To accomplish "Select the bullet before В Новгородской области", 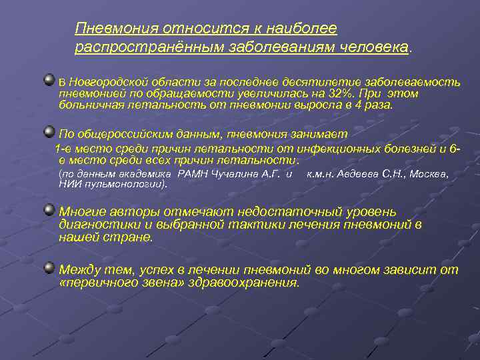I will [x=49, y=80].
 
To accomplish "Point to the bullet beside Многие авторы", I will [x=49, y=210].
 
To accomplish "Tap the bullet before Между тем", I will [x=49, y=268].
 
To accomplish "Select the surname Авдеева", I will [x=357, y=174].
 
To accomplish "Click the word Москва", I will [x=427, y=174].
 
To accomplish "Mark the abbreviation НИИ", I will [x=69, y=183].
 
